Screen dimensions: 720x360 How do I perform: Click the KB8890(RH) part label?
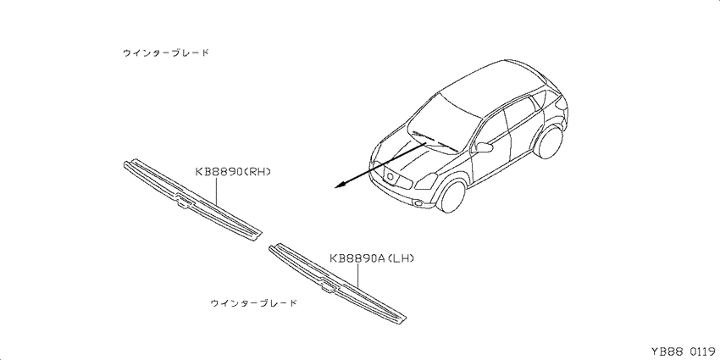(x=233, y=172)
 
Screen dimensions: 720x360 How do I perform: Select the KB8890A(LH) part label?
(x=372, y=259)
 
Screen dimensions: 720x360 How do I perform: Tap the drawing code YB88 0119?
(x=684, y=352)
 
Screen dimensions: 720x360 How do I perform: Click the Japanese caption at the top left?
(x=166, y=53)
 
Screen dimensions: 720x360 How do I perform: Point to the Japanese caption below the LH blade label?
(x=253, y=303)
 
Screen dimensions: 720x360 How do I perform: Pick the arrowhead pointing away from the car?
(x=341, y=185)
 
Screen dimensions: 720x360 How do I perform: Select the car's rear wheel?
(x=549, y=142)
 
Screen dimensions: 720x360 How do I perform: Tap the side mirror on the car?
(x=484, y=147)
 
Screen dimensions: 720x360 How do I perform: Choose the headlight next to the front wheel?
(x=426, y=180)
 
